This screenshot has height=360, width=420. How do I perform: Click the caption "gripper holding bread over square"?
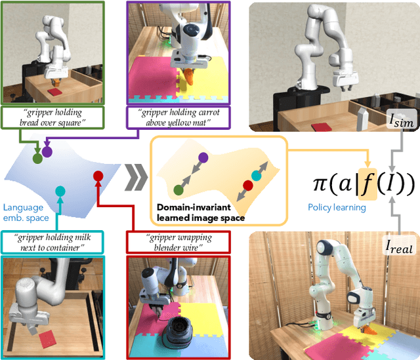(52, 117)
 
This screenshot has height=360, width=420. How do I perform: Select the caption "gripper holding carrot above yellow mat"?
(178, 117)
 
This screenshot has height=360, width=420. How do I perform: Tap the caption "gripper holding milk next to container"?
(52, 242)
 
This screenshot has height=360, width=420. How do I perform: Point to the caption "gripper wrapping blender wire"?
(178, 242)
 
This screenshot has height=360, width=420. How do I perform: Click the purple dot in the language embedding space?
(47, 151)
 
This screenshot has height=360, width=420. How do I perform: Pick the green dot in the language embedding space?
(37, 159)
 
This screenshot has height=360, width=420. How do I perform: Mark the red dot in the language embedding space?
(98, 176)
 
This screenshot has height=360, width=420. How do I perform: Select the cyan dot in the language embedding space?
(60, 191)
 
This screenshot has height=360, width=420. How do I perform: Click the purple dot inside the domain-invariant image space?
(203, 158)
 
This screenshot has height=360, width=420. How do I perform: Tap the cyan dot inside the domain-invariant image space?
(257, 176)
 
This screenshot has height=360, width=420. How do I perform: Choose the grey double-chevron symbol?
(136, 177)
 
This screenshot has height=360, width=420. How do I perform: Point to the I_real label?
(399, 247)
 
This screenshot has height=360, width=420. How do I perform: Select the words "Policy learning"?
(337, 207)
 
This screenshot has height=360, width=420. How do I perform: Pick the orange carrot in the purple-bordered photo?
(190, 77)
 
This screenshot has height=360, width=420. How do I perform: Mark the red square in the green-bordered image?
(54, 92)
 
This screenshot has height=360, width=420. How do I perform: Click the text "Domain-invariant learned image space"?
(201, 212)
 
